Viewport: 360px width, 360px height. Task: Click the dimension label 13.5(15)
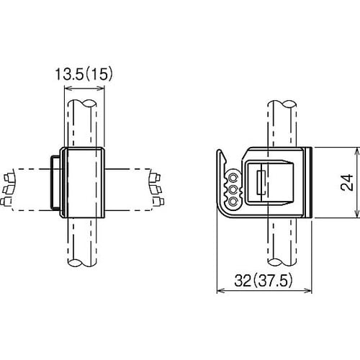[x=84, y=74]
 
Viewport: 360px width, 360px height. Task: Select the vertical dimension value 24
[x=347, y=183]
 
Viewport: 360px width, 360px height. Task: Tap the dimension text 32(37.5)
[x=264, y=280]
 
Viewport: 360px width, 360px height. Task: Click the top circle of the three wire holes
[x=233, y=178]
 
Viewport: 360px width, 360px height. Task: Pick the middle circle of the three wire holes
[x=233, y=190]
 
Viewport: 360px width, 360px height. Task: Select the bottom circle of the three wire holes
[x=233, y=202]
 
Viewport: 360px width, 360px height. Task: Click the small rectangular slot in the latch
[x=261, y=183]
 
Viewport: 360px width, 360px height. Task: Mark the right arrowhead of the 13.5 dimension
[x=101, y=89]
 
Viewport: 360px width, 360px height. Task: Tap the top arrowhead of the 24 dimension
[x=358, y=152]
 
